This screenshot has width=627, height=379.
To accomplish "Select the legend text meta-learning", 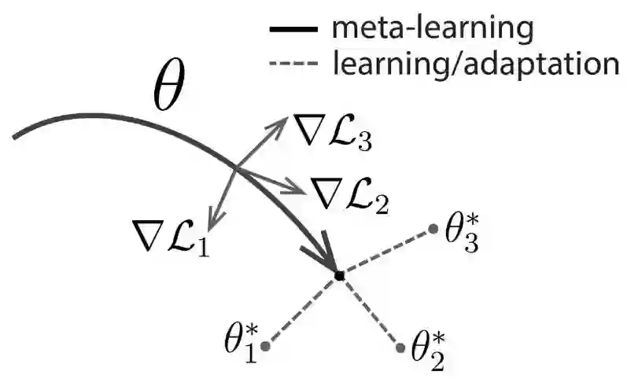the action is coord(433,28).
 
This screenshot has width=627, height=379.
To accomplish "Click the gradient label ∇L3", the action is coord(331,131).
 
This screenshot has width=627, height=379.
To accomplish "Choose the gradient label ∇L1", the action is coord(171,232).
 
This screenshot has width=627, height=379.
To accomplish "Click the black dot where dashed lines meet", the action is coord(339,276).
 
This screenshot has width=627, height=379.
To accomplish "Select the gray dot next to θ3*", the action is coord(432,230).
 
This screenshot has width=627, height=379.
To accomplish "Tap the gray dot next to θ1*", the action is coord(266,346).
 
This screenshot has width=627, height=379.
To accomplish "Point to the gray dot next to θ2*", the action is coord(396,345).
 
